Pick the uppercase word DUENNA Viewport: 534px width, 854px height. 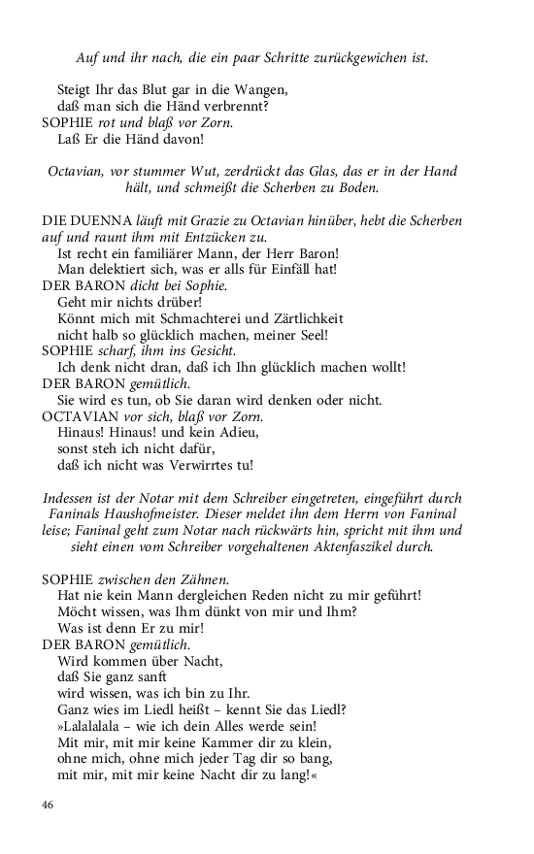pyautogui.click(x=106, y=221)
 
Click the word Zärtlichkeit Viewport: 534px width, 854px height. pyautogui.click(x=301, y=318)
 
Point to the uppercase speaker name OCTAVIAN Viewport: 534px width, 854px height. pyautogui.click(x=84, y=416)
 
